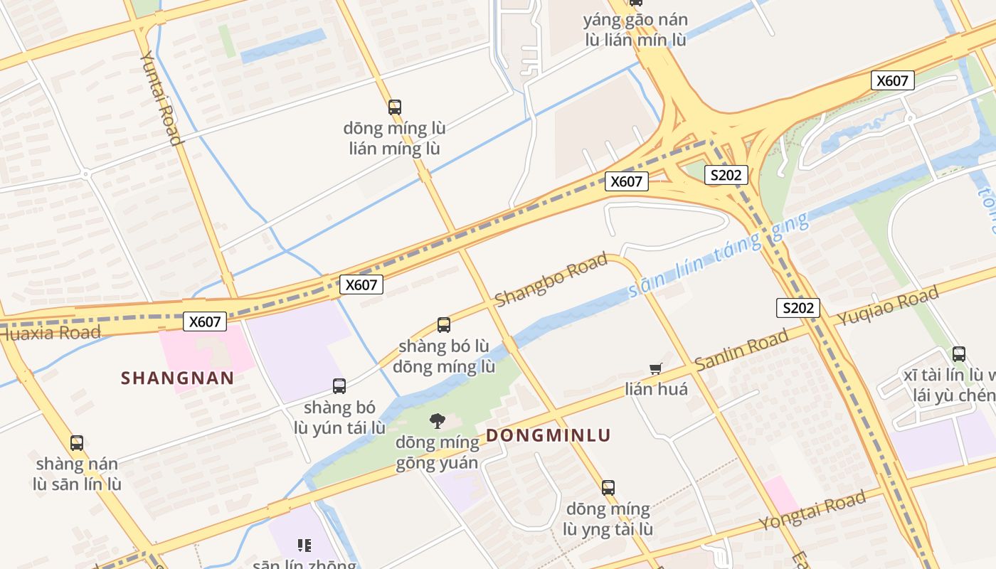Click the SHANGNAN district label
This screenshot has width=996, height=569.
pos(177,378)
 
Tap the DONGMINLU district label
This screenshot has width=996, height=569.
pos(548,435)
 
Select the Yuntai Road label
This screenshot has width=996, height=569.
pos(161,97)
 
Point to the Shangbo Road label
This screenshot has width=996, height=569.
pos(551,279)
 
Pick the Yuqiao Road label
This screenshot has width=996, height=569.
pos(887,306)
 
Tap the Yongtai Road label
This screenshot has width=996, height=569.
pos(812,510)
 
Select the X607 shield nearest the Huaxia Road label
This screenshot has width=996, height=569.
pos(205,321)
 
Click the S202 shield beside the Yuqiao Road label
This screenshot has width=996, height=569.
pos(798,308)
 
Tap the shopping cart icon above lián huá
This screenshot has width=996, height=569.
pos(656,368)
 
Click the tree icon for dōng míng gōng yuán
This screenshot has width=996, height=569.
pos(438,421)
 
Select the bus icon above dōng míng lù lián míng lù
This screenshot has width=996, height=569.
pos(395,107)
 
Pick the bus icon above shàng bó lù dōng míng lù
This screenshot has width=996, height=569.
pos(444,325)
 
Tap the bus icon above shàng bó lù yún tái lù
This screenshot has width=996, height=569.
pos(339,386)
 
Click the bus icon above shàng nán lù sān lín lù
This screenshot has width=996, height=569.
pos(77,442)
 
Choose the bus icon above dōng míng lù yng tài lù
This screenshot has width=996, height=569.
pos(608,487)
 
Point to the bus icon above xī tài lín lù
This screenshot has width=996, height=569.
pos(958,353)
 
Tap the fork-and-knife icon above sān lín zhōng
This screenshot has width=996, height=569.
pos(304,546)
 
